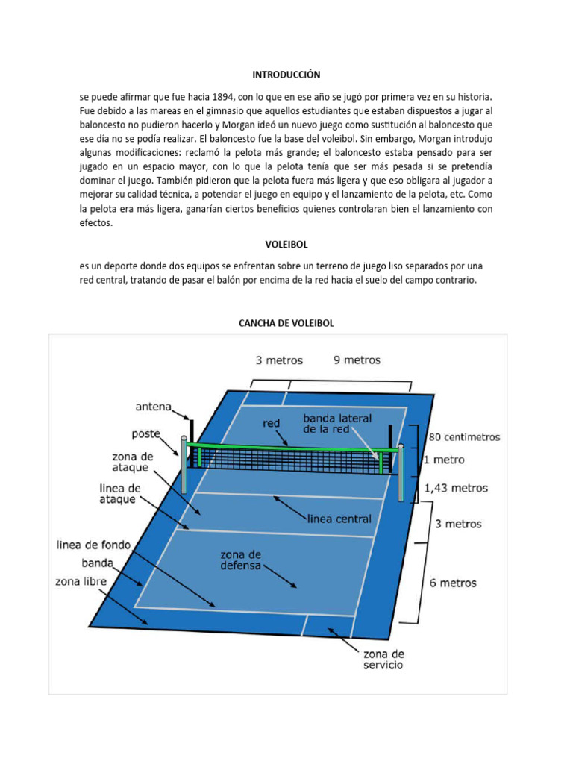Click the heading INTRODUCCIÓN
pyautogui.click(x=286, y=75)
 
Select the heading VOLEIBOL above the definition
pyautogui.click(x=286, y=244)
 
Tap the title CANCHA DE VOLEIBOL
pyautogui.click(x=286, y=322)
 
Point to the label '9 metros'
pyautogui.click(x=357, y=360)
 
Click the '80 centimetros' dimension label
pyautogui.click(x=463, y=437)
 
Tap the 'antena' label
pyautogui.click(x=153, y=407)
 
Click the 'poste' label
pyautogui.click(x=146, y=433)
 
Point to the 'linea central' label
pyautogui.click(x=339, y=518)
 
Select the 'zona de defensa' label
pyautogui.click(x=240, y=560)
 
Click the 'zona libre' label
pyautogui.click(x=81, y=580)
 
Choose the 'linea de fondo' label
pyautogui.click(x=94, y=545)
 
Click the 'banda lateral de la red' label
pyautogui.click(x=337, y=423)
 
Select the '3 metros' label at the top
pyautogui.click(x=279, y=360)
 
